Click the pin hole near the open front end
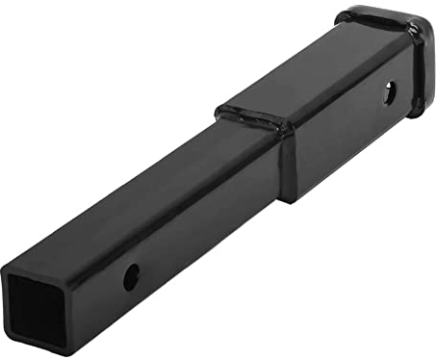pos(131,278)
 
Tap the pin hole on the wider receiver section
pos(388,93)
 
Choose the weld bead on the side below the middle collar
pos(286,164)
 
